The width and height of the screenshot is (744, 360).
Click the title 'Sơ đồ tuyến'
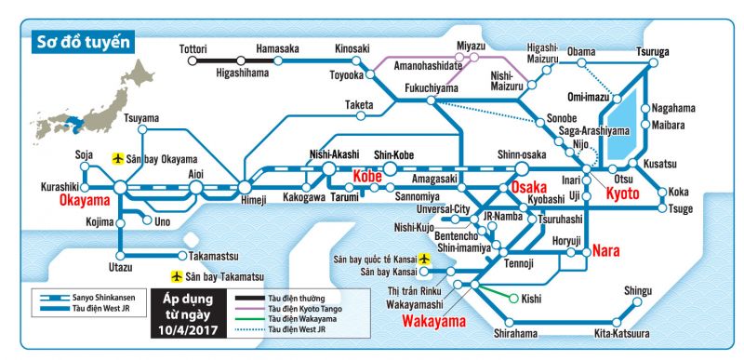click(82, 42)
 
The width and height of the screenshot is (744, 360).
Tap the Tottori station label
click(193, 48)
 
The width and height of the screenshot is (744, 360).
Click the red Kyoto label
click(622, 193)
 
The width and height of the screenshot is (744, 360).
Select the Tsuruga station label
click(653, 52)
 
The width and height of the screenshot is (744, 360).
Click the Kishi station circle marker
click(513, 299)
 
